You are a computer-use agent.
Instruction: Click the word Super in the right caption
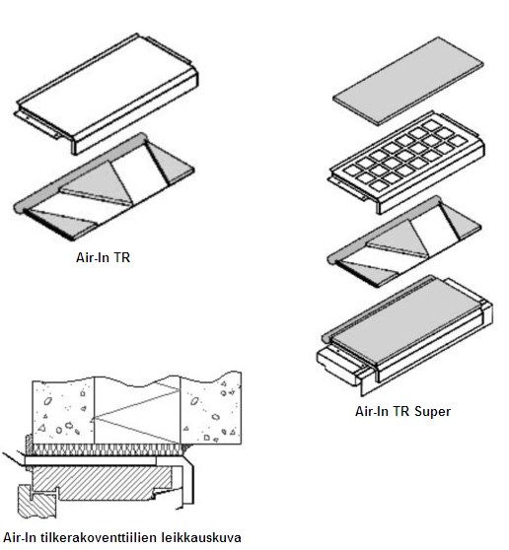(432, 411)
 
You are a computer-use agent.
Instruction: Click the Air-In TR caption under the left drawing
(104, 257)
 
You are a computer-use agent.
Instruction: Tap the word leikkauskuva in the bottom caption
(201, 537)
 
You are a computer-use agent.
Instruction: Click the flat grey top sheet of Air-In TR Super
(408, 81)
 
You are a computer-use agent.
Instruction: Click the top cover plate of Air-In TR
(108, 94)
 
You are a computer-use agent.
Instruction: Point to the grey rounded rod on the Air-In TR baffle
(79, 172)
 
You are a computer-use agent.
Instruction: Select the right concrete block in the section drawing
(211, 409)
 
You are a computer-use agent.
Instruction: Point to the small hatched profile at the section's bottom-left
(36, 502)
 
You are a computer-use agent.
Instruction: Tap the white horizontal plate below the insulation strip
(91, 460)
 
